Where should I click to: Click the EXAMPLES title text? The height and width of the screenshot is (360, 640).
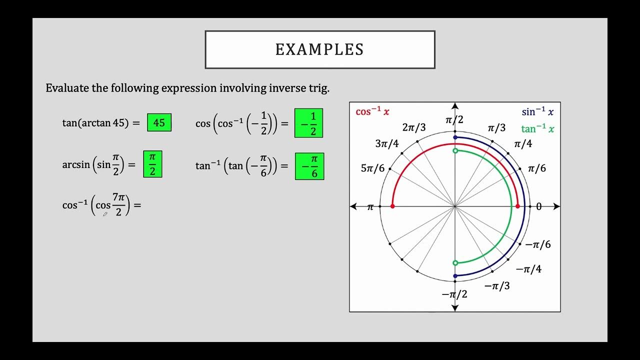click(319, 49)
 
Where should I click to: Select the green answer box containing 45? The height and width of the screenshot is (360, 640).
click(159, 122)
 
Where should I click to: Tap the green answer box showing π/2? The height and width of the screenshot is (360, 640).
click(152, 164)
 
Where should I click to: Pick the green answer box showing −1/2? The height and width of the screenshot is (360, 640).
click(308, 123)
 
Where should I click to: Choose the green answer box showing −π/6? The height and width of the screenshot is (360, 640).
click(309, 166)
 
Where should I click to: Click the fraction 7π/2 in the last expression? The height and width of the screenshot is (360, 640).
click(118, 205)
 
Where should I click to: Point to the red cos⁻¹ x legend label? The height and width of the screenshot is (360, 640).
click(372, 111)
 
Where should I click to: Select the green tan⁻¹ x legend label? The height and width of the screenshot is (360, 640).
click(537, 129)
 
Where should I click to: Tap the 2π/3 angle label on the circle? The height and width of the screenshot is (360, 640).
click(414, 127)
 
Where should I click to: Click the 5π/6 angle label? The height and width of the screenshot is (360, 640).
click(372, 168)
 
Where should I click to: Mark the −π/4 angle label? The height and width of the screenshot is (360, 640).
click(528, 269)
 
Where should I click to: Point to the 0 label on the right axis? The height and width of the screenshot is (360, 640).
click(538, 206)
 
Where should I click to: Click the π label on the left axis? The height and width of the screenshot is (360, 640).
click(370, 207)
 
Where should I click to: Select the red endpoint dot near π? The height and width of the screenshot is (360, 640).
click(392, 206)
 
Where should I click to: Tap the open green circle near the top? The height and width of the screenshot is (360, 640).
click(455, 150)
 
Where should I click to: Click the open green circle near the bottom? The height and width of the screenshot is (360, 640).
click(455, 262)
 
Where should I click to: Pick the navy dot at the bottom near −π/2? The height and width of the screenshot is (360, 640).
click(455, 276)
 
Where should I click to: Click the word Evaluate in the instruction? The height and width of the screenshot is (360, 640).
click(65, 88)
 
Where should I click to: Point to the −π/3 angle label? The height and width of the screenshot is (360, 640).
click(497, 285)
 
